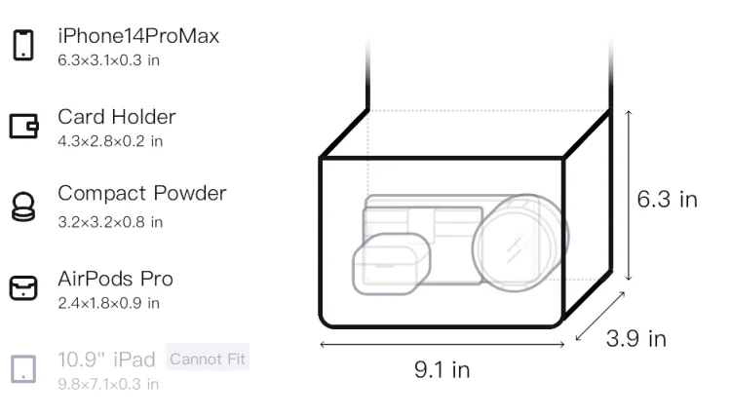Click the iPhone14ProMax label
138,36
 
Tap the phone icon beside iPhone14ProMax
23,45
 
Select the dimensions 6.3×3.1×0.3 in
108,60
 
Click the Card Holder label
117,117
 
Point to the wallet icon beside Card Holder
23,126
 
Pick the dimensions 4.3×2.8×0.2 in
110,141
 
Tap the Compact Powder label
142,193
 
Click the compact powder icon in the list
23,207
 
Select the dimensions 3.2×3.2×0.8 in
110,222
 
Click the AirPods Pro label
116,279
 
